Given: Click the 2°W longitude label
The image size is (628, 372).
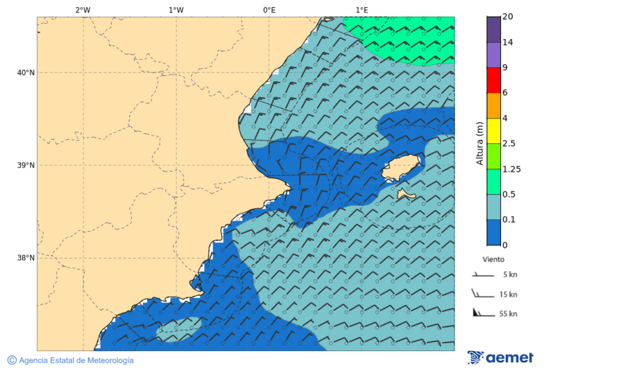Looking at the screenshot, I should (x=82, y=10).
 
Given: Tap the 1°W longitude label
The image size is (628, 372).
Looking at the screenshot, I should (x=176, y=10).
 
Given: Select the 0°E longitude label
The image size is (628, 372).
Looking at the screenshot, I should (x=269, y=10).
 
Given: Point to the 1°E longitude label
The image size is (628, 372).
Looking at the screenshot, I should (x=361, y=10).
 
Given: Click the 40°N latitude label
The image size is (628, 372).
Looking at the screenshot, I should (x=26, y=73).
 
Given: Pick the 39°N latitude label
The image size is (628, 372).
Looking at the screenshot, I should (x=26, y=165).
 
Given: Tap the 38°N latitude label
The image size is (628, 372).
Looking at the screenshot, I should (x=26, y=258).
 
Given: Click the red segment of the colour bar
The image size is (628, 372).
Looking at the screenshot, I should (x=494, y=80).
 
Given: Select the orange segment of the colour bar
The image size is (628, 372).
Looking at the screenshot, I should (x=494, y=105).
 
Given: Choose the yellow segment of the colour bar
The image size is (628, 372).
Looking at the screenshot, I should (x=494, y=131).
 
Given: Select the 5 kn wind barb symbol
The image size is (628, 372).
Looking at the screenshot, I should (x=481, y=275).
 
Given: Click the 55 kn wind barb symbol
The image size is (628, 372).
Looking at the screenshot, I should (x=481, y=313).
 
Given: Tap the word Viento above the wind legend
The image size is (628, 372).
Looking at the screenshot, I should (x=493, y=259).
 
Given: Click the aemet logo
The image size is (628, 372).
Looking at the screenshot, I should (x=500, y=357).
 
